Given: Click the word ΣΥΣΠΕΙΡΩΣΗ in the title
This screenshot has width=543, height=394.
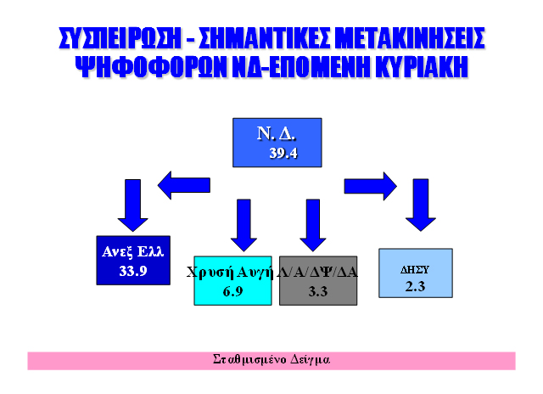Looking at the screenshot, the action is pos(118,39).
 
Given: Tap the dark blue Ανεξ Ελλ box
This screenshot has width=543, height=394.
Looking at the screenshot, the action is pos(133,261).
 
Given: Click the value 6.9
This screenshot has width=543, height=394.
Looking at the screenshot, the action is pos(233,292).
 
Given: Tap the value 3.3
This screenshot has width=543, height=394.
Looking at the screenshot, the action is pos(318,292).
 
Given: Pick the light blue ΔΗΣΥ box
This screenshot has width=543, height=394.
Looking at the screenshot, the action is pos(415,273).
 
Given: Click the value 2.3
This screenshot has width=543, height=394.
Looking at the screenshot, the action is pos(415,285).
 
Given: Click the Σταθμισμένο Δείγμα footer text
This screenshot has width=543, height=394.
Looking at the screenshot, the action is pos(271,360).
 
